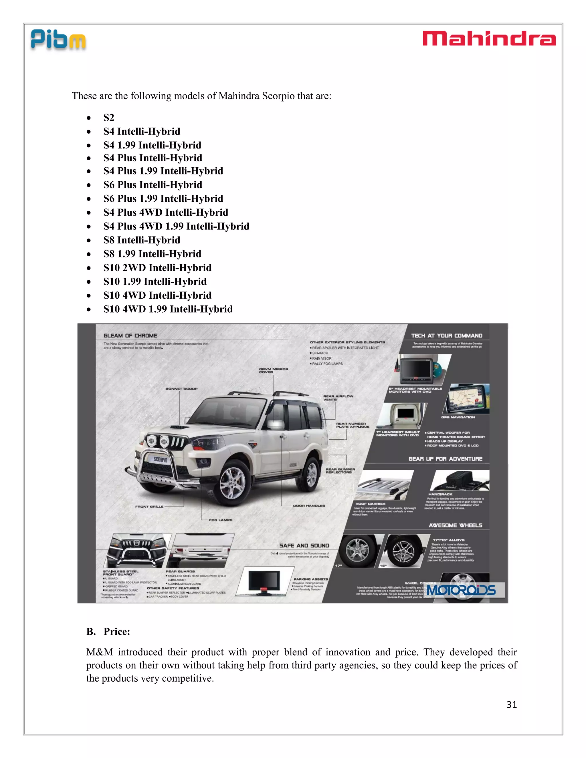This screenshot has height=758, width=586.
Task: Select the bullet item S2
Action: (109, 118)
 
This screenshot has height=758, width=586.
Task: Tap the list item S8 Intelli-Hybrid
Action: (142, 240)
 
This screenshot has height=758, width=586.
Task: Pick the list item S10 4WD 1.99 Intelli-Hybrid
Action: (168, 309)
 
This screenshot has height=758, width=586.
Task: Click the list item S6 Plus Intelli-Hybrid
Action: (153, 185)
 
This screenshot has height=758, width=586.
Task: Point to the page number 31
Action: (511, 704)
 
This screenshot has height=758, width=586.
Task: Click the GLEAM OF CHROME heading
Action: (130, 336)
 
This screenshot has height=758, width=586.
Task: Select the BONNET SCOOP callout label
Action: (181, 389)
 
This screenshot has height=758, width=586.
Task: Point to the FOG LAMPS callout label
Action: (220, 520)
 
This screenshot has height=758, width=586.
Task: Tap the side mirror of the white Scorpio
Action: (275, 424)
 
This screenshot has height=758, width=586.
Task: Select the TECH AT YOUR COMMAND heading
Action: (446, 336)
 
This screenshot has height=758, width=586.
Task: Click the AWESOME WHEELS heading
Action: (455, 525)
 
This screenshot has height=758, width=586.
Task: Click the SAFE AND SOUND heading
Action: (304, 545)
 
